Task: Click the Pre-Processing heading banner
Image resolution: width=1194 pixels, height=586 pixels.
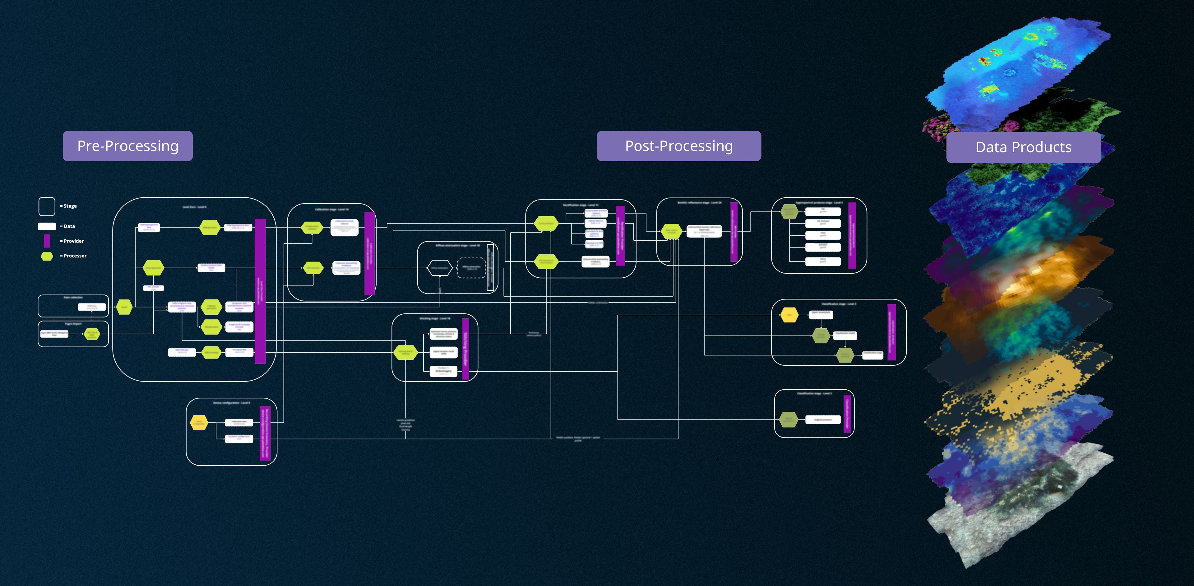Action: click(127, 146)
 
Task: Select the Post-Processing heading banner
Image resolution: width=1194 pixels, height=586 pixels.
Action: click(678, 146)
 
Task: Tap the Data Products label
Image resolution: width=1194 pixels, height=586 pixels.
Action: click(1023, 148)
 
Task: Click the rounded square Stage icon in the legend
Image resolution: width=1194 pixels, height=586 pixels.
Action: click(47, 206)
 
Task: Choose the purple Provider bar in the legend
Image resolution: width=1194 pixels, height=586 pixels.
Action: click(47, 241)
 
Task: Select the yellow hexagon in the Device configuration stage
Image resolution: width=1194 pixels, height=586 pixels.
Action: click(199, 423)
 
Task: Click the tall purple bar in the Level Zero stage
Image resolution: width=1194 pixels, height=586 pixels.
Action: click(260, 291)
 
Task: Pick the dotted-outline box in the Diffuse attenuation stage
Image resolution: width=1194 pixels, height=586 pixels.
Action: click(471, 268)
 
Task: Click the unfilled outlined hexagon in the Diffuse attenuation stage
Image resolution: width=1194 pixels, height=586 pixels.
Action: click(439, 268)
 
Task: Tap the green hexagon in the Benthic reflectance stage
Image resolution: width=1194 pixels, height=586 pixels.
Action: click(671, 232)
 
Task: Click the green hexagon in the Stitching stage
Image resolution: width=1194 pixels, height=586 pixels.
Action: click(405, 353)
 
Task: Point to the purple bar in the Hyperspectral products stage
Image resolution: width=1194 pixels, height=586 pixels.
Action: click(852, 235)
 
